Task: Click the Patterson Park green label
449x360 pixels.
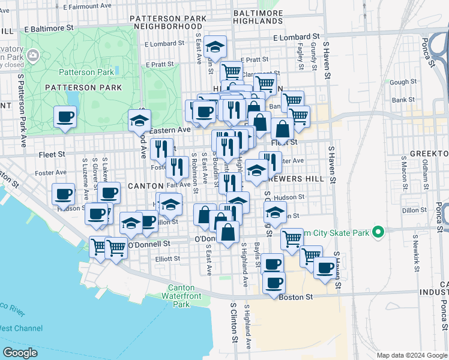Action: click(x=86, y=72)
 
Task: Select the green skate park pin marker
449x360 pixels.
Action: click(x=378, y=232)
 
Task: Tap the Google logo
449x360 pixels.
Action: click(x=20, y=352)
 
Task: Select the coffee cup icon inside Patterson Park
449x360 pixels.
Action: click(x=65, y=116)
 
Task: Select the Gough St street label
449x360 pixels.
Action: click(x=403, y=82)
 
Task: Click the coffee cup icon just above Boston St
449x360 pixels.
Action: click(x=274, y=283)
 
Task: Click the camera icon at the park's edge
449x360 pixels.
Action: click(x=32, y=56)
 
